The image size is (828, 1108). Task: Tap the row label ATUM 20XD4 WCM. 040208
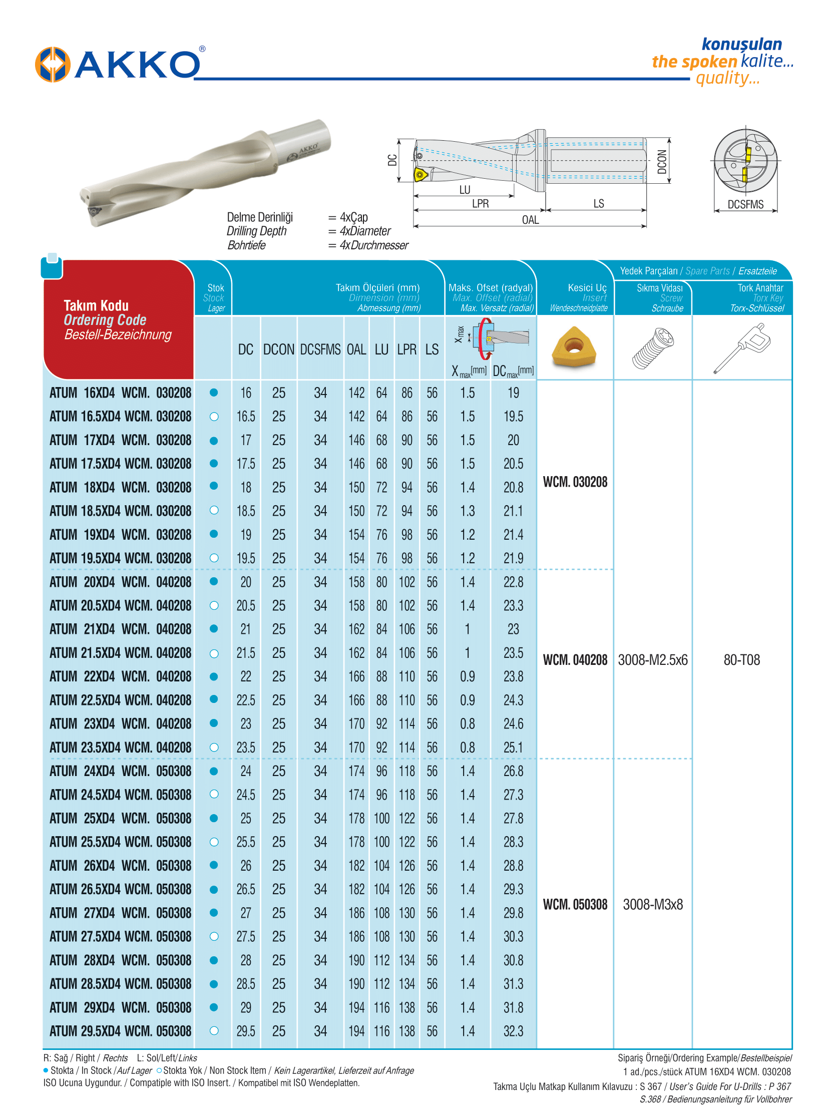point(120,582)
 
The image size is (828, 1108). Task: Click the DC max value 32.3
point(513,1031)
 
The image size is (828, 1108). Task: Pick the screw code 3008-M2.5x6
point(652,660)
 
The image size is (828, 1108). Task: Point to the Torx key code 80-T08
point(741,660)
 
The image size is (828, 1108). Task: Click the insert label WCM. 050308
point(575,905)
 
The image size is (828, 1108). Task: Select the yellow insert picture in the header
point(574,346)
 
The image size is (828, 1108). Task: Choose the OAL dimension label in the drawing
point(530,220)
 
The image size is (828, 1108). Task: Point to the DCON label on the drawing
point(662,161)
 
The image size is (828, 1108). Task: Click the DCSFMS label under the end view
point(745,204)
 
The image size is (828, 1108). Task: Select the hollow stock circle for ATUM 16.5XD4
point(214,417)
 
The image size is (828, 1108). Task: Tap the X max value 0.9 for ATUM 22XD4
point(467,677)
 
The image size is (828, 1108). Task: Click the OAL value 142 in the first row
point(356,393)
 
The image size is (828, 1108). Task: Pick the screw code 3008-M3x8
point(652,905)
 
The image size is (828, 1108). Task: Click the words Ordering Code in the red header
point(105,320)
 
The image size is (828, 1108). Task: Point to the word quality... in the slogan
point(727,78)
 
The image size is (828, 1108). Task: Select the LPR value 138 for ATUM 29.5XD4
point(406,1031)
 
